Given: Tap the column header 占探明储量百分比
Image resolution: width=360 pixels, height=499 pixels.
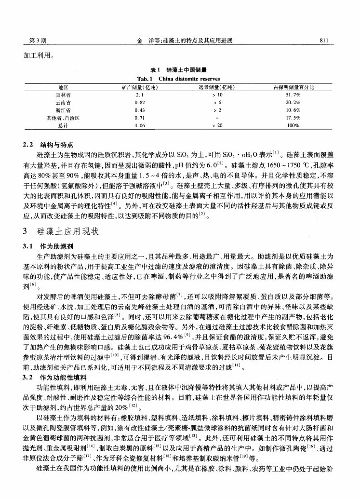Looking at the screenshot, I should click(x=294, y=87).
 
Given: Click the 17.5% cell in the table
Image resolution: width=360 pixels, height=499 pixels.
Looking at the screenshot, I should click(x=293, y=117).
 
